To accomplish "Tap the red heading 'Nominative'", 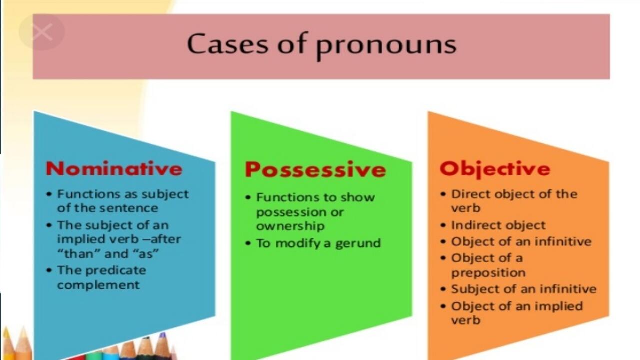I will [114, 168].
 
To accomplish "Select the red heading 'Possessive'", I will [315, 170].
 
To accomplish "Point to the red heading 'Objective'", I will [495, 168].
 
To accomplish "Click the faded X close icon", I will [42, 32].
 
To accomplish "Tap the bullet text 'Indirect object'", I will [498, 225].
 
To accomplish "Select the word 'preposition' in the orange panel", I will [488, 273].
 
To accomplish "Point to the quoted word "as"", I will [146, 253].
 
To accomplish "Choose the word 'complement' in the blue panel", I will [98, 285].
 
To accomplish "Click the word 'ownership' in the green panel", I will [290, 226].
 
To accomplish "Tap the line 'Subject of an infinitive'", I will [524, 289].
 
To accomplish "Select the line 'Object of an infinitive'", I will [521, 242].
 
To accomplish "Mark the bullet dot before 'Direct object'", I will [443, 194].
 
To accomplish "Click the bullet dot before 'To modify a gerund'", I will [248, 244].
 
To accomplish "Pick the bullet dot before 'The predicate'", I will [48, 271].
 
